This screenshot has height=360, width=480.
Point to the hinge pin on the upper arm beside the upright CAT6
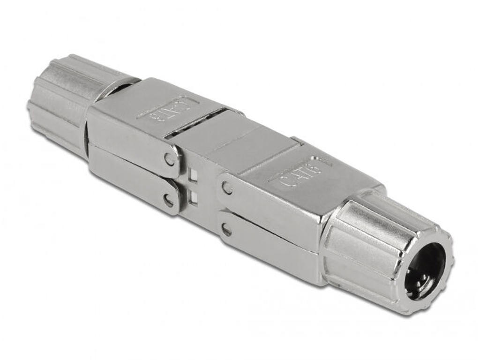pos(227,188)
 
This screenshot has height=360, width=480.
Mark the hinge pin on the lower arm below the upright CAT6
pos(227,230)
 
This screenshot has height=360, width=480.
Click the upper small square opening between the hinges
pos(193,175)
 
